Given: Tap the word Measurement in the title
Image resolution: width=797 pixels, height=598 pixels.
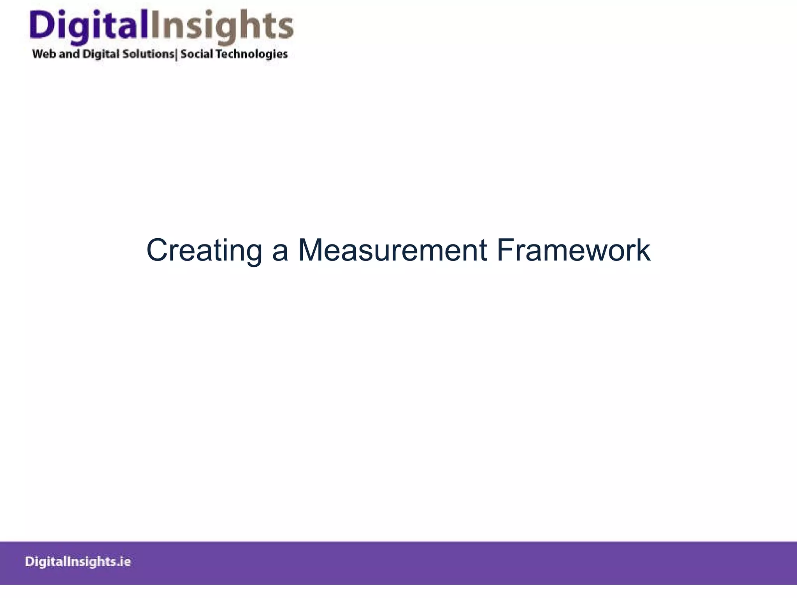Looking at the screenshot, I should click(x=392, y=250).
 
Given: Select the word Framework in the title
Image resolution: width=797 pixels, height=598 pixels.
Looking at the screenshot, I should click(x=573, y=250).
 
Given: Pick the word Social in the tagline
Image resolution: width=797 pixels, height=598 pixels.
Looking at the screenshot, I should click(x=197, y=54).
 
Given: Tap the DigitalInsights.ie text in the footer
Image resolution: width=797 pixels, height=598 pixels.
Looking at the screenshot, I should click(x=78, y=562).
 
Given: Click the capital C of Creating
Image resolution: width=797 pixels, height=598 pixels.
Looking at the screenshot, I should click(x=156, y=250).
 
